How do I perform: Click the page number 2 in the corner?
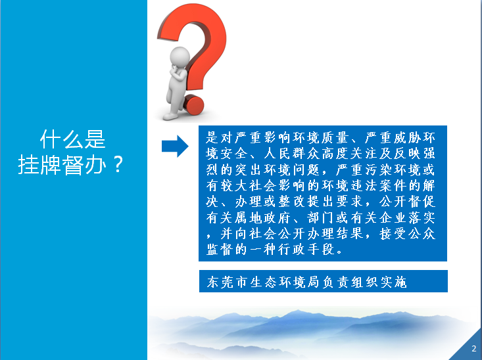[x=473, y=348]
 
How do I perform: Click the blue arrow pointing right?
[x=175, y=146]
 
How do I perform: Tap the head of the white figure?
[x=180, y=56]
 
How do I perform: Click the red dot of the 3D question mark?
[x=193, y=105]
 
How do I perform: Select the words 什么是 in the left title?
[x=73, y=139]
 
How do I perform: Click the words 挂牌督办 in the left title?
[x=62, y=165]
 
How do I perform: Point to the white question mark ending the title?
[x=118, y=164]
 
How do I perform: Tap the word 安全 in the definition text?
[x=233, y=154]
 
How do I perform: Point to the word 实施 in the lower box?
[x=394, y=282]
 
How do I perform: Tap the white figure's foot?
[x=170, y=116]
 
